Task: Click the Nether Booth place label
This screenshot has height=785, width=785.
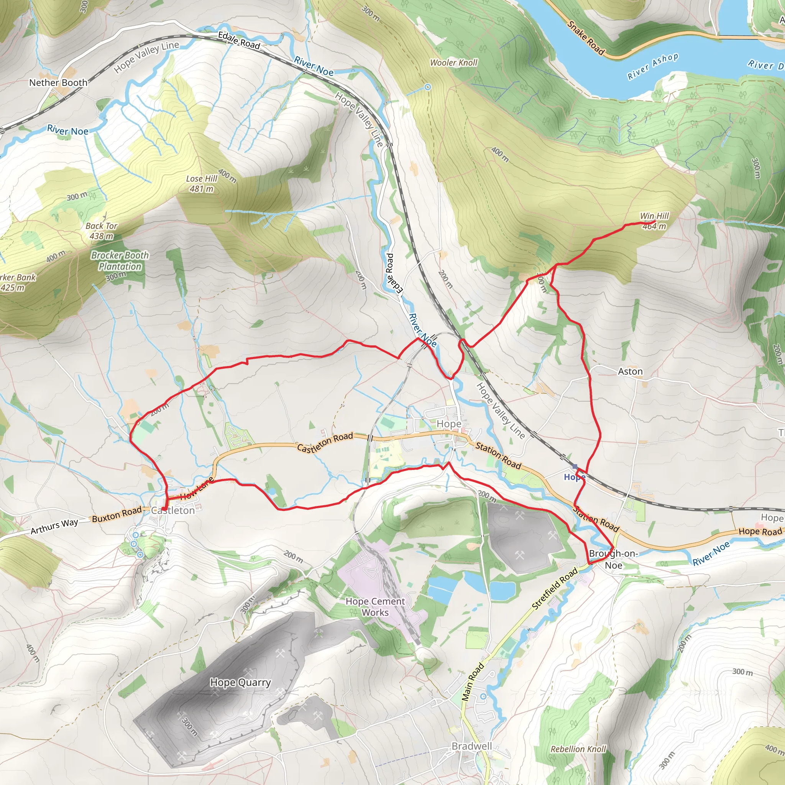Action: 58,82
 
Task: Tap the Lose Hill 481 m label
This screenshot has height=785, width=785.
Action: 202,184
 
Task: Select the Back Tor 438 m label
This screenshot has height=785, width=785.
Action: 101,231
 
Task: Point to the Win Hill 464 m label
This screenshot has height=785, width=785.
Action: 654,221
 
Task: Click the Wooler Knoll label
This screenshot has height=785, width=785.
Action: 453,62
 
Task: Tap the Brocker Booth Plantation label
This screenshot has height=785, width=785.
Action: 120,261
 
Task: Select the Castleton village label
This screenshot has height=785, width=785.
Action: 173,511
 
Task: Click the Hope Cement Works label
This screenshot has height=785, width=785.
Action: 375,607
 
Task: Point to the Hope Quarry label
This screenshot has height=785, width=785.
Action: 240,683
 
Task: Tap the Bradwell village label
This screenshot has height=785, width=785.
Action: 472,746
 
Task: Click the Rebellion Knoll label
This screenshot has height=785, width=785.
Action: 578,749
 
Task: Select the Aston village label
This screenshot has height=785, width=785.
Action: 630,371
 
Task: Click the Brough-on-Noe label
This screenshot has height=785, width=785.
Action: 613,559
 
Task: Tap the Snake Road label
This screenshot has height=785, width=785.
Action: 586,38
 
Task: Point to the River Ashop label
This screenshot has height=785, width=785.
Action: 652,66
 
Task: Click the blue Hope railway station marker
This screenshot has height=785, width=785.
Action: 575,467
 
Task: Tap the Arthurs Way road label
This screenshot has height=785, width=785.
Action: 54,527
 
